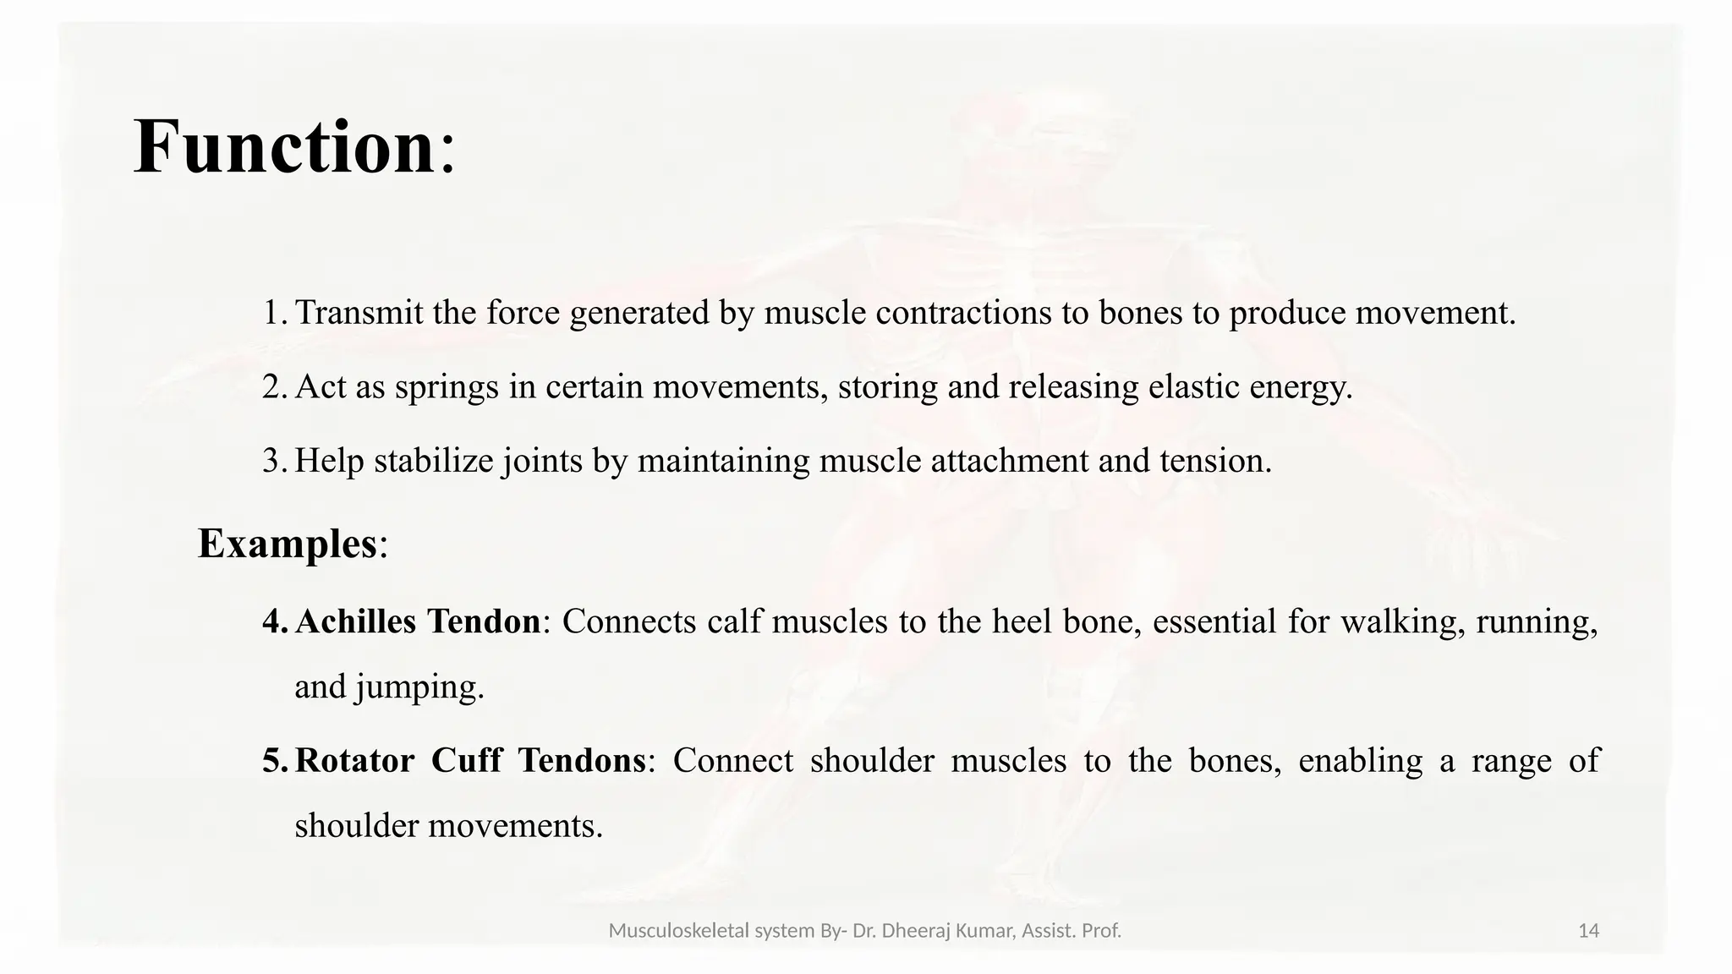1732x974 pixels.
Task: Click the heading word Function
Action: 284,147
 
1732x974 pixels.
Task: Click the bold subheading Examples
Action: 287,543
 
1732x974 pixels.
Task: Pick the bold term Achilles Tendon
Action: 418,621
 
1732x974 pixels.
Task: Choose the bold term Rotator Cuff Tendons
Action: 470,760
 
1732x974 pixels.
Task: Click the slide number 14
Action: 1588,931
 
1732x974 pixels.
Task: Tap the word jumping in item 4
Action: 419,687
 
